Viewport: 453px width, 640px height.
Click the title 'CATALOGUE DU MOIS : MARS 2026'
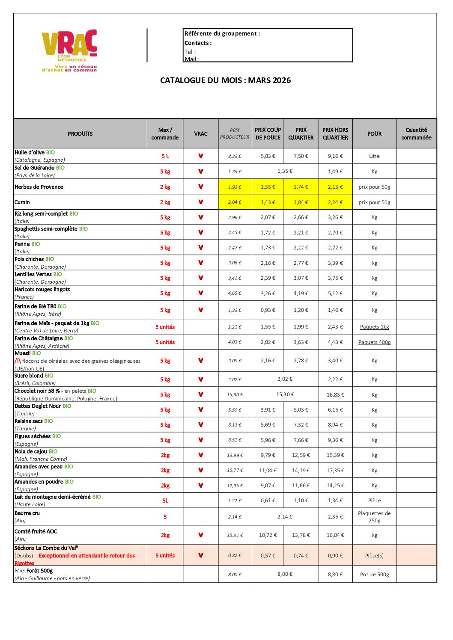(x=225, y=80)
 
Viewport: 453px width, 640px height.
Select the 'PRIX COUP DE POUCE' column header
(x=268, y=133)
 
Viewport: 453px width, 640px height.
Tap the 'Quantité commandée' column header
(x=416, y=133)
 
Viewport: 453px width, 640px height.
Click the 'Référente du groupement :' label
(x=222, y=33)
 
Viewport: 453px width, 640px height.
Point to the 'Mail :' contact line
(x=192, y=59)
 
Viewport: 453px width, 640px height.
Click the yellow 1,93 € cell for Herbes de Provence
(x=235, y=187)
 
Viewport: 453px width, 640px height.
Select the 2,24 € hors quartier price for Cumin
(x=335, y=202)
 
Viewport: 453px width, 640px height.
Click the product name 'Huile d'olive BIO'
(x=35, y=152)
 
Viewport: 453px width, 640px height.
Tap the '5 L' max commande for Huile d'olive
(x=165, y=156)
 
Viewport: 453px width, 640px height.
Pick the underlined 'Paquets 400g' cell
(x=375, y=342)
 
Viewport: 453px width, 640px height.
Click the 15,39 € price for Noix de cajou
(x=335, y=455)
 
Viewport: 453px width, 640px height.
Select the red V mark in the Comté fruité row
(x=200, y=535)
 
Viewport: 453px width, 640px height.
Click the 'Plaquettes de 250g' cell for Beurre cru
(x=375, y=517)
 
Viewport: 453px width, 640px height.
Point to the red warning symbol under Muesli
(x=18, y=361)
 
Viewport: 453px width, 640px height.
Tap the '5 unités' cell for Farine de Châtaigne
(x=165, y=342)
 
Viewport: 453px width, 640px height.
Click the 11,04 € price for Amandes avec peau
(x=268, y=471)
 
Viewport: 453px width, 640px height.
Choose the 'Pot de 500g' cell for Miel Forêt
(x=375, y=575)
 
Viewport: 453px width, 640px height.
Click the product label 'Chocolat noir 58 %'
(x=37, y=391)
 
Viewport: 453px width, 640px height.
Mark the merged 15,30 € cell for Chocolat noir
(x=285, y=394)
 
